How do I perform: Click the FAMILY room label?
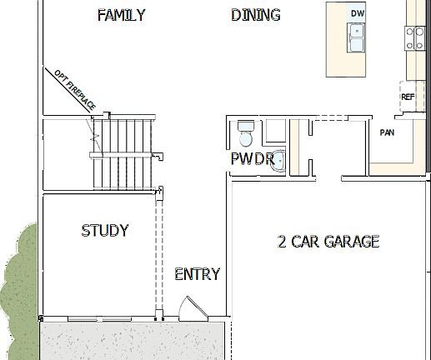(x=121, y=15)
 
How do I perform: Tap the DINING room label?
(x=255, y=15)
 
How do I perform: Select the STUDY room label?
(x=105, y=230)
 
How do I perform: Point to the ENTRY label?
(x=197, y=273)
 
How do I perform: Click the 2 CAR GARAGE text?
(x=328, y=242)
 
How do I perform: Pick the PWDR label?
(x=252, y=158)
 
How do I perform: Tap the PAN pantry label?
(x=387, y=132)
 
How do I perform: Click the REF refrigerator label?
(x=408, y=97)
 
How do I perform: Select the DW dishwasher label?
(x=357, y=13)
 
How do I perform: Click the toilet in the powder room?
(x=245, y=132)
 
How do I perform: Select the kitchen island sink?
(x=357, y=38)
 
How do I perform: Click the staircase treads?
(x=123, y=150)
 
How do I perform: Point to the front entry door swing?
(x=193, y=309)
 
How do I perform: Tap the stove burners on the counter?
(x=414, y=37)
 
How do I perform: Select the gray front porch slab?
(x=133, y=340)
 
